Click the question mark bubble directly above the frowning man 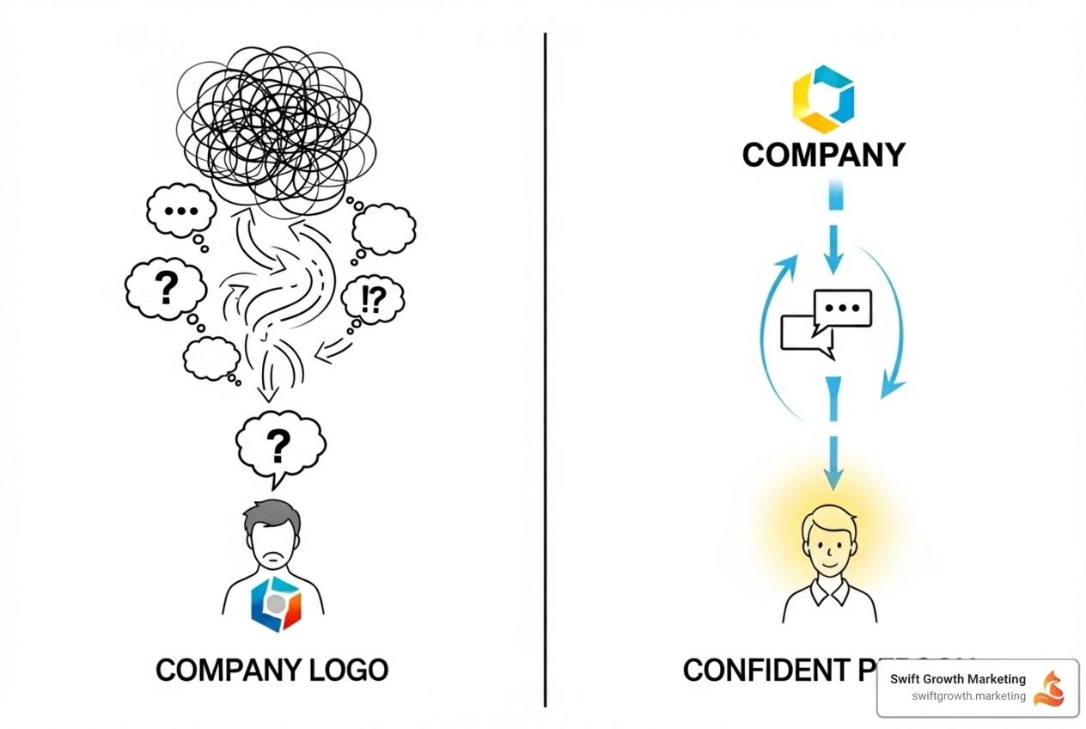(x=278, y=445)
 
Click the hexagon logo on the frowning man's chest (x=276, y=603)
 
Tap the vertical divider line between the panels (x=545, y=370)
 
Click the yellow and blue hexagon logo (x=823, y=99)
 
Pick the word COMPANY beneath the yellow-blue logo (x=823, y=155)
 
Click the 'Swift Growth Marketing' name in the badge (x=957, y=679)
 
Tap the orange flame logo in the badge (x=1049, y=688)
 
